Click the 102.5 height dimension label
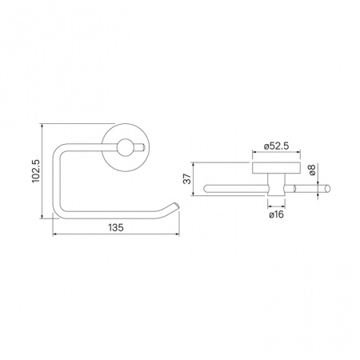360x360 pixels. coord(36,171)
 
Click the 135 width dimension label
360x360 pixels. coord(116,228)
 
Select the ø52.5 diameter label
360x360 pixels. coord(277,146)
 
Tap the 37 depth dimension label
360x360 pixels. coord(188,178)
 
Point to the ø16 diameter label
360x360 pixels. coord(276,214)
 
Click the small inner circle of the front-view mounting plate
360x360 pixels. coord(124,147)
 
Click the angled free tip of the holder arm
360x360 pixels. coord(176,206)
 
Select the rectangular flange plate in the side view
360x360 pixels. coord(277,167)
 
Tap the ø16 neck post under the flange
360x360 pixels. coord(276,185)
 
